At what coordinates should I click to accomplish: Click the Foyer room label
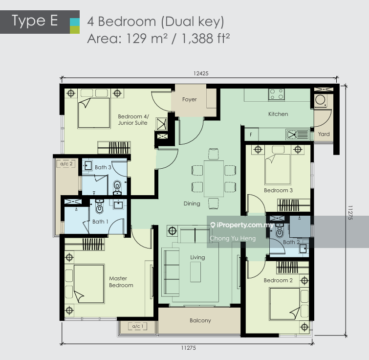190,100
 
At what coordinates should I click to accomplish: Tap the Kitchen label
278,114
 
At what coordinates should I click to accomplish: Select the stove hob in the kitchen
277,94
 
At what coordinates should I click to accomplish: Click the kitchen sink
298,135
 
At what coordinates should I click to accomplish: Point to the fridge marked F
251,135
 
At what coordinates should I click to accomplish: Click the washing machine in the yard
320,100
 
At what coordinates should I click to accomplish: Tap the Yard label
324,134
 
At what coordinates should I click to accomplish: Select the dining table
214,179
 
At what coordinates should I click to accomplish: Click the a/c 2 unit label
66,164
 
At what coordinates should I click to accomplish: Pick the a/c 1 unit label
138,326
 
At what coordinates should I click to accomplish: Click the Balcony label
200,320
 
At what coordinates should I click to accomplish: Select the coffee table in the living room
195,272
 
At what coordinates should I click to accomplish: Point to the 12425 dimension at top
201,73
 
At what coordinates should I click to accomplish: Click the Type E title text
35,21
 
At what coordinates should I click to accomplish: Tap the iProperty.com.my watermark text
245,225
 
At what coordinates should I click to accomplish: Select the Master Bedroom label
121,282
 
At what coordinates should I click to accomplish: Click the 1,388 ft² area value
205,38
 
